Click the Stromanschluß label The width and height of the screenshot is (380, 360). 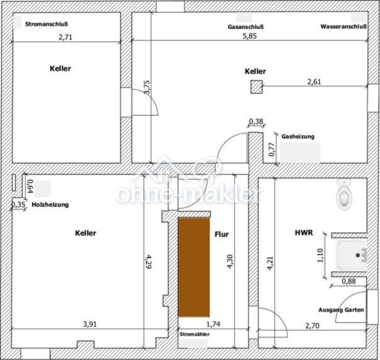click(46, 24)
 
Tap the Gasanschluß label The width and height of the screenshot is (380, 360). click(246, 27)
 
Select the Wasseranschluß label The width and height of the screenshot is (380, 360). click(344, 26)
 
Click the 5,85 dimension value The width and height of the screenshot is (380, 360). click(250, 36)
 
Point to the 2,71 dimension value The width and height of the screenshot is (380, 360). click(66, 37)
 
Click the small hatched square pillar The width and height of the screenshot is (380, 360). click(256, 87)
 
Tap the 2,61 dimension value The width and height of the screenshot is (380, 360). click(314, 82)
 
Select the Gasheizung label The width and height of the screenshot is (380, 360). click(298, 136)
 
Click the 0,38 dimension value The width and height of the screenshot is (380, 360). click(256, 121)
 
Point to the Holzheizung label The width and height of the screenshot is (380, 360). click(50, 205)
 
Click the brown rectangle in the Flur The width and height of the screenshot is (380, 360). click(194, 267)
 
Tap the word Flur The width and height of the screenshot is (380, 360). click(222, 234)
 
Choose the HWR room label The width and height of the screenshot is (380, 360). click(304, 233)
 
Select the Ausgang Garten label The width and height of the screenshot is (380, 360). click(341, 310)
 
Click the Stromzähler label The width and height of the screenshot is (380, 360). click(194, 334)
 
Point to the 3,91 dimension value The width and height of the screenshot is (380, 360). click(90, 324)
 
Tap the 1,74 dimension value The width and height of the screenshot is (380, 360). click(213, 324)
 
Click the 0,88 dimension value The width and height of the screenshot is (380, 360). click(349, 281)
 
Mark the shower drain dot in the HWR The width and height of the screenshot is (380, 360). click(358, 255)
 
